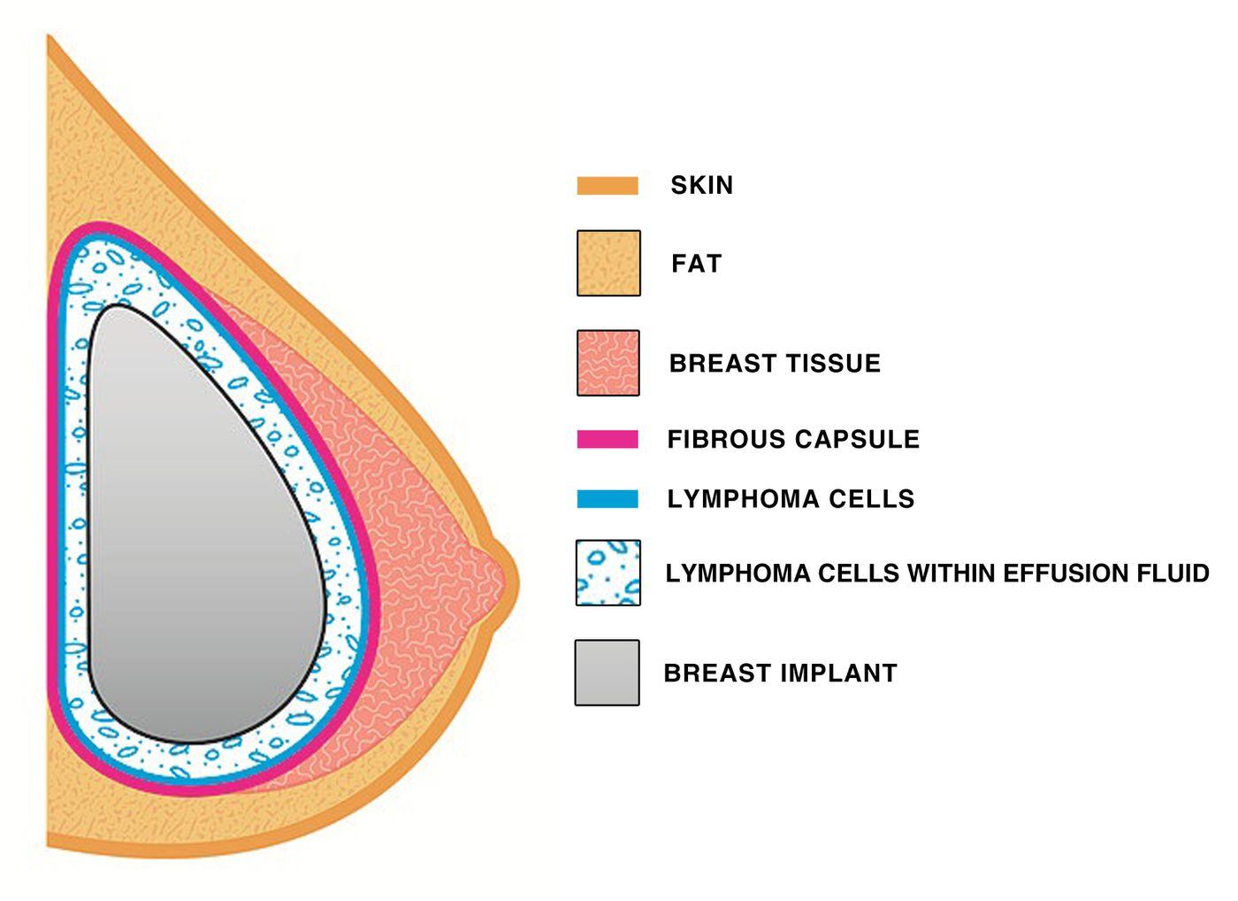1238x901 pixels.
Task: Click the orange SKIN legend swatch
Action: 608,186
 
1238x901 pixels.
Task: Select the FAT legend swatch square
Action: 608,264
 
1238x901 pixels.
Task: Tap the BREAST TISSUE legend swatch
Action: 608,363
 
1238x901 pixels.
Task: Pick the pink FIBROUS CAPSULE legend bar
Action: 608,439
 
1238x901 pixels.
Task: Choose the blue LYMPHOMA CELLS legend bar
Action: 608,499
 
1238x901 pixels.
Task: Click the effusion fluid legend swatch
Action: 608,573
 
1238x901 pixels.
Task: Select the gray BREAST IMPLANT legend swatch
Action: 608,673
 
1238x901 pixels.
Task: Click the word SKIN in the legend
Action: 701,186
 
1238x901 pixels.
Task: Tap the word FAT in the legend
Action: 696,264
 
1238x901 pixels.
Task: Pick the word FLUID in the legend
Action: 1173,574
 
